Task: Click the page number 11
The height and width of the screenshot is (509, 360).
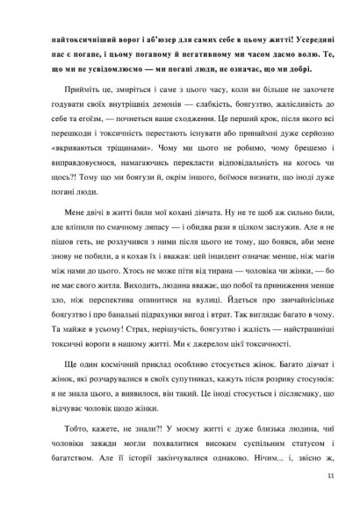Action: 330,476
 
